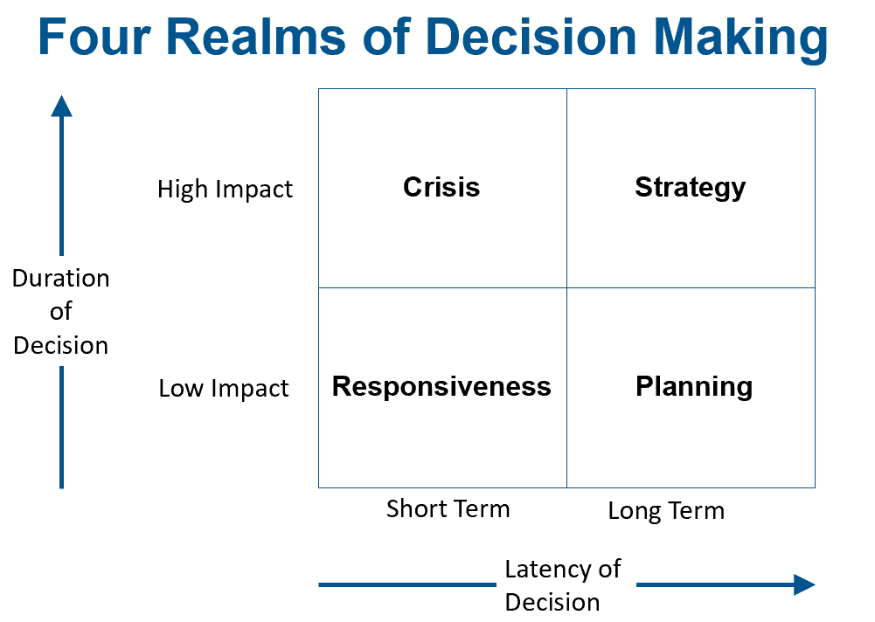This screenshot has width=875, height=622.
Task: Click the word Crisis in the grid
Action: click(441, 187)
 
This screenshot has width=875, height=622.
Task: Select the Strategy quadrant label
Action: click(690, 187)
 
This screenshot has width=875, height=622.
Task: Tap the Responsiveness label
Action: click(441, 386)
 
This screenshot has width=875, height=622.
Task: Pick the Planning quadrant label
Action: click(693, 386)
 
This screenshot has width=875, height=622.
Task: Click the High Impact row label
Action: click(225, 190)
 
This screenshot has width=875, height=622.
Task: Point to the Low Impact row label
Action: click(224, 389)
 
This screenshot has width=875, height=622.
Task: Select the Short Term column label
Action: click(448, 508)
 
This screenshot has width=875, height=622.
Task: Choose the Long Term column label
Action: click(666, 511)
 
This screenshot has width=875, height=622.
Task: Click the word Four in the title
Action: click(94, 39)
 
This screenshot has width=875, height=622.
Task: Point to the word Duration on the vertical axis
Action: click(61, 279)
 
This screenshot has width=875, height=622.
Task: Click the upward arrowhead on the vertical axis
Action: click(61, 106)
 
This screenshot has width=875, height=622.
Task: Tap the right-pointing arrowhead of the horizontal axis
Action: click(803, 584)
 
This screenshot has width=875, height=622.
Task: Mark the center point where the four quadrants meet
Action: click(566, 287)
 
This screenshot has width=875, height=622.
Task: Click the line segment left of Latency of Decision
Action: click(406, 584)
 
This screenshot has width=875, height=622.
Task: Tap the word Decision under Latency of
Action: click(552, 602)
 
